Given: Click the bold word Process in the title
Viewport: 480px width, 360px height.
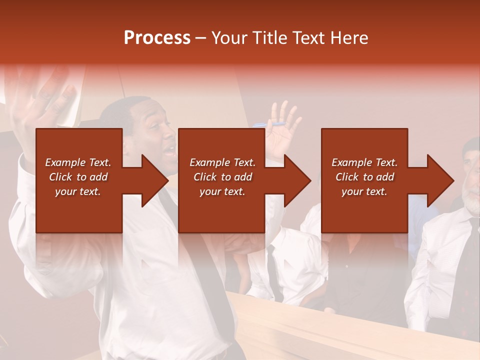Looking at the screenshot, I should pos(157,38).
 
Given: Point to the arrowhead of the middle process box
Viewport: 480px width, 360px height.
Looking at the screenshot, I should pos(296,180).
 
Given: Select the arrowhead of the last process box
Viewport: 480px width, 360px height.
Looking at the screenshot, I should pos(439,180).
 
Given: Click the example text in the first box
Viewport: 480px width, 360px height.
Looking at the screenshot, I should pos(78,177).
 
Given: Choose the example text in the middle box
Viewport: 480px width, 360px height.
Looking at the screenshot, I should pos(222,177).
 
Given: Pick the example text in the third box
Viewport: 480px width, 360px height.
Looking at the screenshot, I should pos(364,177).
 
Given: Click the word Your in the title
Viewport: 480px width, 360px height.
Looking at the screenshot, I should pos(230,38).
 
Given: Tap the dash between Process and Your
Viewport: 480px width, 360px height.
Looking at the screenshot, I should pos(200,38).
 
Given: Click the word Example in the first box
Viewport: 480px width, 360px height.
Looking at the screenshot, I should pos(65,162).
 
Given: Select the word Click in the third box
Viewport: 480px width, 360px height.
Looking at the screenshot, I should pos(346,177).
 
